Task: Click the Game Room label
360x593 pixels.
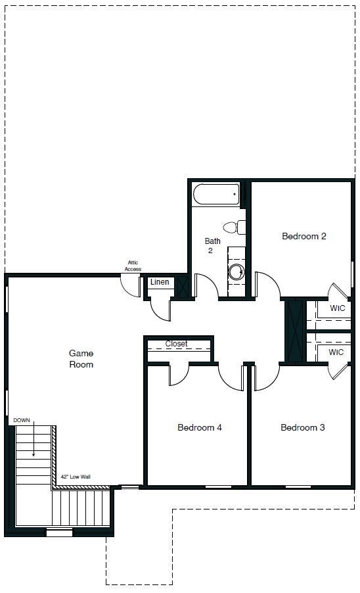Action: [81, 358]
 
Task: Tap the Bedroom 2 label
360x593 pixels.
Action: [304, 236]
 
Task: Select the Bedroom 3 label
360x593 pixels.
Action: [303, 427]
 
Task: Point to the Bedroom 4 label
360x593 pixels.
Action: [200, 427]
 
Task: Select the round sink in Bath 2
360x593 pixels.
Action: [236, 272]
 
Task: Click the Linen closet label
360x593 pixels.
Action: [160, 282]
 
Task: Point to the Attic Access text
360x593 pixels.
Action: [133, 266]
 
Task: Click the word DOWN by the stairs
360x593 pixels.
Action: [21, 419]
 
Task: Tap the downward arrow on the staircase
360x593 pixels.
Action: [33, 439]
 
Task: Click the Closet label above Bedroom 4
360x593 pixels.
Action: [176, 344]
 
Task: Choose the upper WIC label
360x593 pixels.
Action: [337, 308]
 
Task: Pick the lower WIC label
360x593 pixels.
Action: [336, 352]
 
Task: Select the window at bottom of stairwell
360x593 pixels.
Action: [59, 533]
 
